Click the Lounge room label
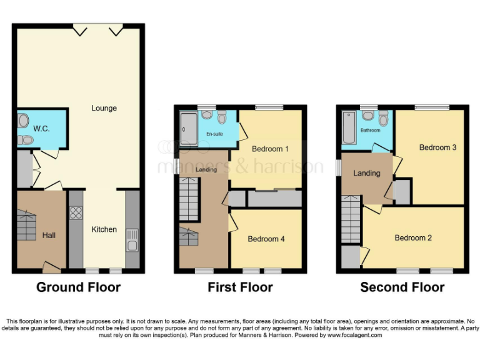[x=104, y=108]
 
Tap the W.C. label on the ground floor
[x=41, y=129]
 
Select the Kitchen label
[x=104, y=229]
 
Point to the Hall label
[x=49, y=236]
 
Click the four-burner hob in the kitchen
[x=76, y=213]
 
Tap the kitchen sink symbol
[x=132, y=239]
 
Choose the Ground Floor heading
[x=78, y=287]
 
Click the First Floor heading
[x=240, y=287]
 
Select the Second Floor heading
[x=402, y=287]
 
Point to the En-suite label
[x=214, y=133]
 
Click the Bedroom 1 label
[x=270, y=149]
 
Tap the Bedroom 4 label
[x=266, y=239]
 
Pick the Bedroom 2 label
[x=413, y=237]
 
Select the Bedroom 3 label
[x=437, y=147]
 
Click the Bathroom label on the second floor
[x=370, y=131]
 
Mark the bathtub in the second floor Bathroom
[x=347, y=127]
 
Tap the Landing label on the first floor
[x=206, y=169]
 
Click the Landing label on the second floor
[x=366, y=173]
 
